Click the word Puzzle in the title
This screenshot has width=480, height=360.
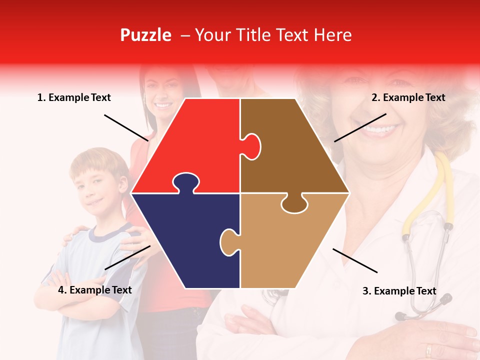click(x=145, y=35)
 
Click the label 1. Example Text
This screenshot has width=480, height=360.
click(x=74, y=97)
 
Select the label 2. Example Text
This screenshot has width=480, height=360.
click(x=408, y=97)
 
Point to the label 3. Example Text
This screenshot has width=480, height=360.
click(x=399, y=291)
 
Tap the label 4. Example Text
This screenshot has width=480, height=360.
click(x=95, y=290)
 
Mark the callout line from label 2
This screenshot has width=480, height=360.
click(x=360, y=127)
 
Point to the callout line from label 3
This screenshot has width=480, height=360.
click(x=355, y=260)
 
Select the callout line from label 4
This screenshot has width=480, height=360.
click(x=127, y=257)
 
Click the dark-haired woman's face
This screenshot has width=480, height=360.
click(x=162, y=92)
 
